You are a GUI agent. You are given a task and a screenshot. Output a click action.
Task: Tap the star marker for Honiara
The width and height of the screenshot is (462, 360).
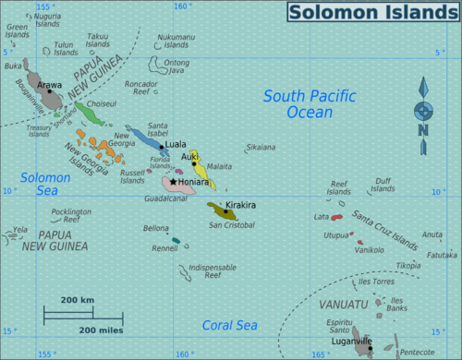[x=173, y=183]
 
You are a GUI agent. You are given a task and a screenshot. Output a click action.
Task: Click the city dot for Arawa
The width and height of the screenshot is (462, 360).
[x=50, y=92]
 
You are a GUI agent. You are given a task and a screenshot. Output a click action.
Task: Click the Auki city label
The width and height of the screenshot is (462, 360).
[x=190, y=157]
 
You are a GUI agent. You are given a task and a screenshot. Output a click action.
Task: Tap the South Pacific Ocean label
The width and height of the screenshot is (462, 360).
[x=303, y=103]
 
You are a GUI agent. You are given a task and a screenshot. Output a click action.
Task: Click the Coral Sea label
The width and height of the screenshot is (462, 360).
[x=229, y=325]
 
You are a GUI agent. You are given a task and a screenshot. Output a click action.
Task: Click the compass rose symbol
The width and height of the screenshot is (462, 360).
[x=423, y=112]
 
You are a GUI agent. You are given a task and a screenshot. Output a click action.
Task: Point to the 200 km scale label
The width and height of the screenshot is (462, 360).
[x=78, y=301]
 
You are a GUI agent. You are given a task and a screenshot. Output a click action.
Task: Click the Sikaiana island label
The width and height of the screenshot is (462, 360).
[x=261, y=147]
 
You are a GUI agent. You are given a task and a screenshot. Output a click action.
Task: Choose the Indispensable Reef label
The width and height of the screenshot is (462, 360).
[x=206, y=270]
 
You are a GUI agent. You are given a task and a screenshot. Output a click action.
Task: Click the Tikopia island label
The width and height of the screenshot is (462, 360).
[x=408, y=266]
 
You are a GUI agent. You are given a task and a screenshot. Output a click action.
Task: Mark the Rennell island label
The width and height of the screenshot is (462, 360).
[x=164, y=248]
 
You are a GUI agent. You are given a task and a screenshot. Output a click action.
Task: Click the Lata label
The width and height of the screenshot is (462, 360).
[x=322, y=217]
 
